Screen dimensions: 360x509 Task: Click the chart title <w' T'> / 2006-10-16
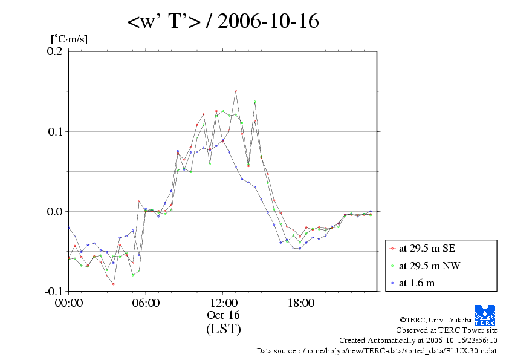[x=223, y=21]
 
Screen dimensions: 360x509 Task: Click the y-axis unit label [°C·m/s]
[x=68, y=39]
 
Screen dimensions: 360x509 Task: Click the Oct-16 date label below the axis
[x=223, y=316]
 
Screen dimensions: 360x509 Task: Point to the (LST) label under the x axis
[x=223, y=330]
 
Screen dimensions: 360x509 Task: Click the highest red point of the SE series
[x=236, y=91]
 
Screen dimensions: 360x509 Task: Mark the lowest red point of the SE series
[x=113, y=284]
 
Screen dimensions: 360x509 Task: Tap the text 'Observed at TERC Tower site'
[x=447, y=330]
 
